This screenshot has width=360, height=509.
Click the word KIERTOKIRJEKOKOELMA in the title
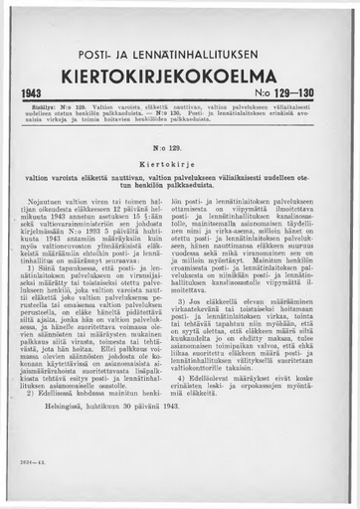[180, 76]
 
